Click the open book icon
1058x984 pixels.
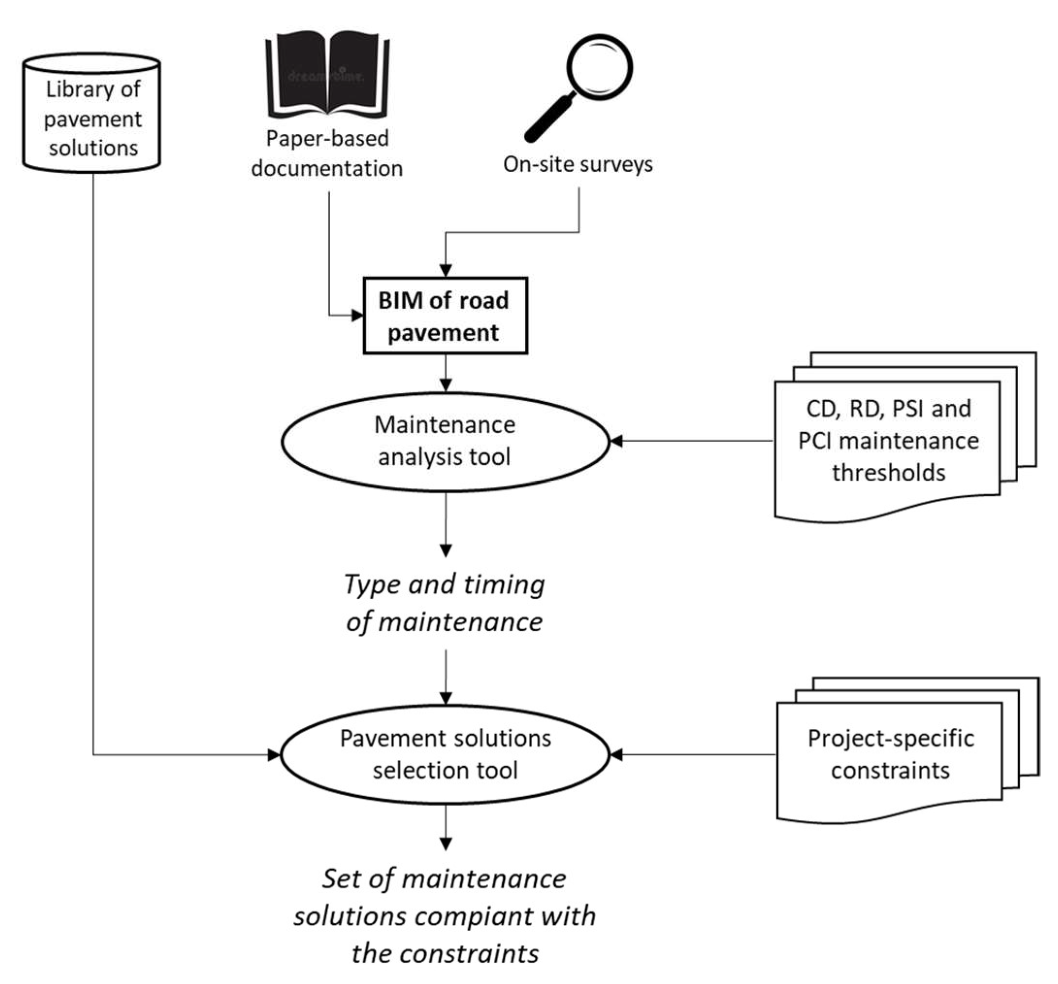click(327, 75)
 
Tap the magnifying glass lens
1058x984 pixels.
click(599, 67)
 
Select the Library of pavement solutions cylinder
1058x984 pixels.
click(92, 113)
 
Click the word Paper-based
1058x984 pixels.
click(327, 138)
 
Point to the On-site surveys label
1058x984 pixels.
click(578, 164)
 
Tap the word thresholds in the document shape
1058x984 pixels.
click(889, 473)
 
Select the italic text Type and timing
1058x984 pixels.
click(444, 585)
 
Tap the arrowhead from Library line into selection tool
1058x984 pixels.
click(274, 754)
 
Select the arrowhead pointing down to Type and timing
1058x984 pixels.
click(446, 551)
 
